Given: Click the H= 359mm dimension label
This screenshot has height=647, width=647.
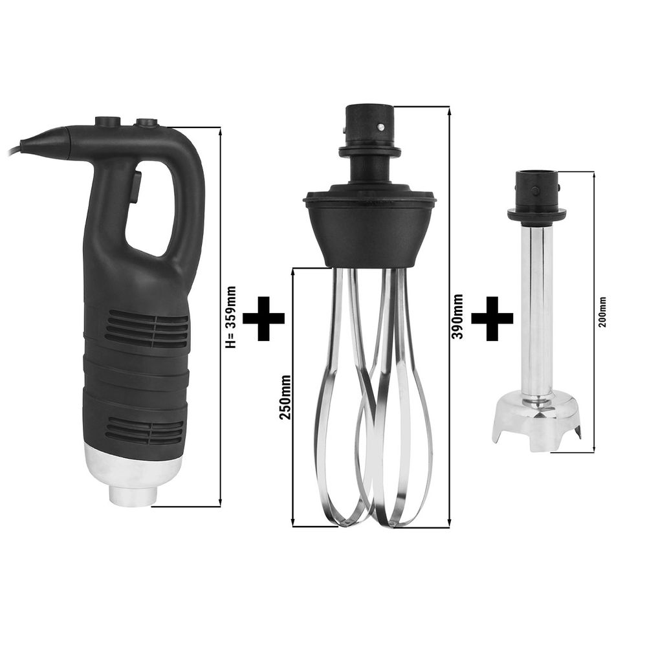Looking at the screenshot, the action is (x=232, y=317).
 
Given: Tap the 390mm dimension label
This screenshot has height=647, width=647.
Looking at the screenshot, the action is (x=457, y=316).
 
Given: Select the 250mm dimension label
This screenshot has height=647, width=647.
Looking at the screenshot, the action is (x=285, y=397).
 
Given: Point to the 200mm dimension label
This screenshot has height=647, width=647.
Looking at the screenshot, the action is (x=603, y=312).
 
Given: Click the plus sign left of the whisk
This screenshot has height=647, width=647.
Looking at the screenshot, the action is (x=264, y=318).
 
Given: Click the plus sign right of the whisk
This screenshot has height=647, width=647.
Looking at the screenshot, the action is (x=492, y=318).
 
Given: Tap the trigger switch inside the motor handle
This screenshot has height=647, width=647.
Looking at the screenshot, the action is (x=136, y=188).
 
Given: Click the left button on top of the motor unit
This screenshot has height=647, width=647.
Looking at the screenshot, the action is (x=107, y=122).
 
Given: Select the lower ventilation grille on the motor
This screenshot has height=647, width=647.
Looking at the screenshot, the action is (x=144, y=430).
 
